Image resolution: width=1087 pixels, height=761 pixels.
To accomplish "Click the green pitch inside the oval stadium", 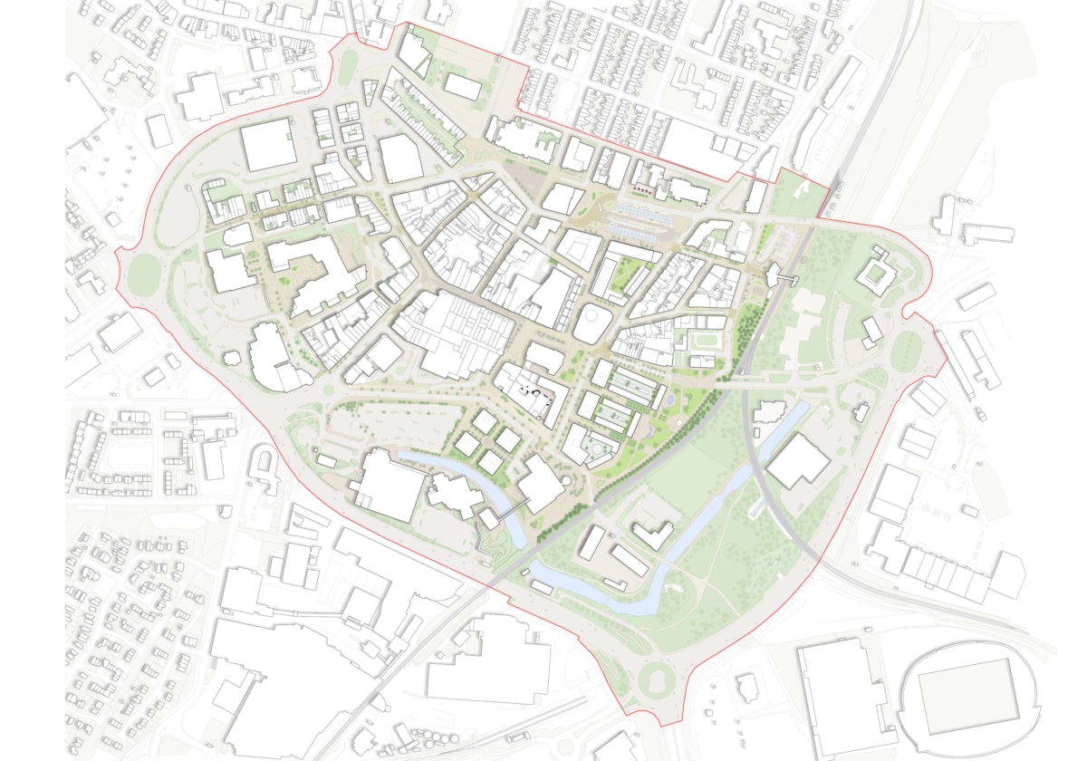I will coord(968,695).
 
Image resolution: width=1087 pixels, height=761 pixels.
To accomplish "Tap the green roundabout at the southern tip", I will coord(656,676).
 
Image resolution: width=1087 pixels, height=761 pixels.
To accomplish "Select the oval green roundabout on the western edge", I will coord(142,273).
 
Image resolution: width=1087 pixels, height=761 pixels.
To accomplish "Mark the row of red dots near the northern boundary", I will coord(640,190).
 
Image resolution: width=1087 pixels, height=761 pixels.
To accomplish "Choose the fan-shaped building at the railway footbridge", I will coord(777,274).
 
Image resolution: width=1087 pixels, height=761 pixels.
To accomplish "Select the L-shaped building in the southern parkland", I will coord(653,535).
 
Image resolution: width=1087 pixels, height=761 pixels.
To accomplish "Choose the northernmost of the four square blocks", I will coord(486,421).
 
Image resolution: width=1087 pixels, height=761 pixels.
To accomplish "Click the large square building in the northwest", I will coord(268,145).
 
